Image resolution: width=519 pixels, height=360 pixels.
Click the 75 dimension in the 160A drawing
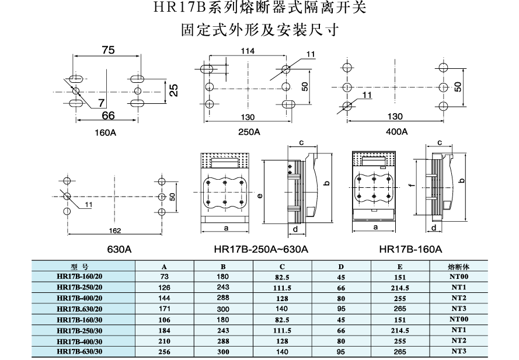pos(107,51)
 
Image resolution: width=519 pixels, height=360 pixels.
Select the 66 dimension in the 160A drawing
pos(108,116)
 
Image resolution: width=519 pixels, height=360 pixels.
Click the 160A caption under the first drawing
pos(106,132)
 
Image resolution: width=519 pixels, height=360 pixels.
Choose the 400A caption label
pos(396,132)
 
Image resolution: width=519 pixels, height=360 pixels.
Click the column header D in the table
pos(341,266)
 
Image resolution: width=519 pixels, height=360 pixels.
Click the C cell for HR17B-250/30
pos(282,330)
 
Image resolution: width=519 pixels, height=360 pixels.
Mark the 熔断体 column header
pos(458,266)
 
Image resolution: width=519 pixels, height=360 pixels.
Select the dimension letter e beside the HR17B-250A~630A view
pos(259,195)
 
